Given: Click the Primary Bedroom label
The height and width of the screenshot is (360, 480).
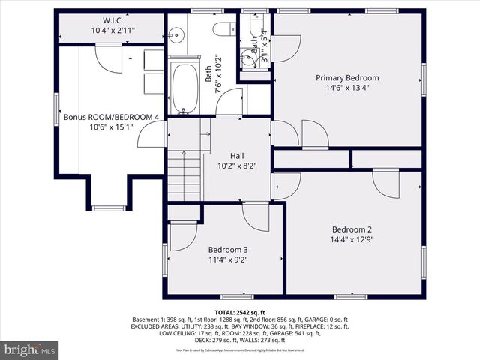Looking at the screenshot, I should (346, 77).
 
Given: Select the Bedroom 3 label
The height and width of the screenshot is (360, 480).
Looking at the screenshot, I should (228, 250).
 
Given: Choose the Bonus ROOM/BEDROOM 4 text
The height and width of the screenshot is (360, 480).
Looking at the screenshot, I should (111, 117).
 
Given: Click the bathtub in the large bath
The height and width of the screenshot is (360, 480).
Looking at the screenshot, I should (184, 88).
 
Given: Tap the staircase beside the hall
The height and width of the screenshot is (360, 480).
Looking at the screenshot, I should (184, 175).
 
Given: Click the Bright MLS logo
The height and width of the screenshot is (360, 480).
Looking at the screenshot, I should (30, 349).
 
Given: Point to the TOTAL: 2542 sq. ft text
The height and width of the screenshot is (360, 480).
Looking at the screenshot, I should (240, 311).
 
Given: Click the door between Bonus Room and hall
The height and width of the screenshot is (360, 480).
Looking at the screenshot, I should (154, 134).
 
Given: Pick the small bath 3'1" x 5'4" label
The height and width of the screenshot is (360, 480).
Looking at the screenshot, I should (263, 46).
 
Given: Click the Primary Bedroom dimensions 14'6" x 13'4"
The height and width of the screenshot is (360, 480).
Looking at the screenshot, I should (346, 88).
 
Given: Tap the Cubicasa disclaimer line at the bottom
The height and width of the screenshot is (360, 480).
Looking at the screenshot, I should (240, 350).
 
